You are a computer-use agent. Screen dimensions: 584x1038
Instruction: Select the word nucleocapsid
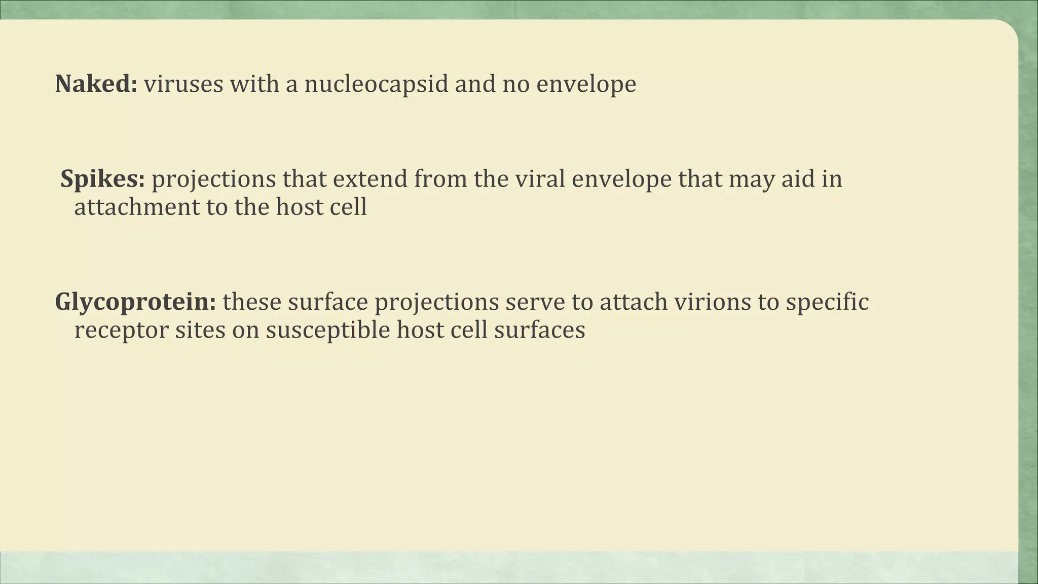click(376, 84)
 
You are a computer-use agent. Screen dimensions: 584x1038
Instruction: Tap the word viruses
click(183, 84)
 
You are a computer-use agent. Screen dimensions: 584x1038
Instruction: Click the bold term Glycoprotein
click(135, 302)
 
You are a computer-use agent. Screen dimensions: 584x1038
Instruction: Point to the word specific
click(827, 302)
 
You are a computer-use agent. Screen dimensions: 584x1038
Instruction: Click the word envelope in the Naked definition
click(586, 85)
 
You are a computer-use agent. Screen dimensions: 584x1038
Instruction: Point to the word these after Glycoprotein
click(252, 302)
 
